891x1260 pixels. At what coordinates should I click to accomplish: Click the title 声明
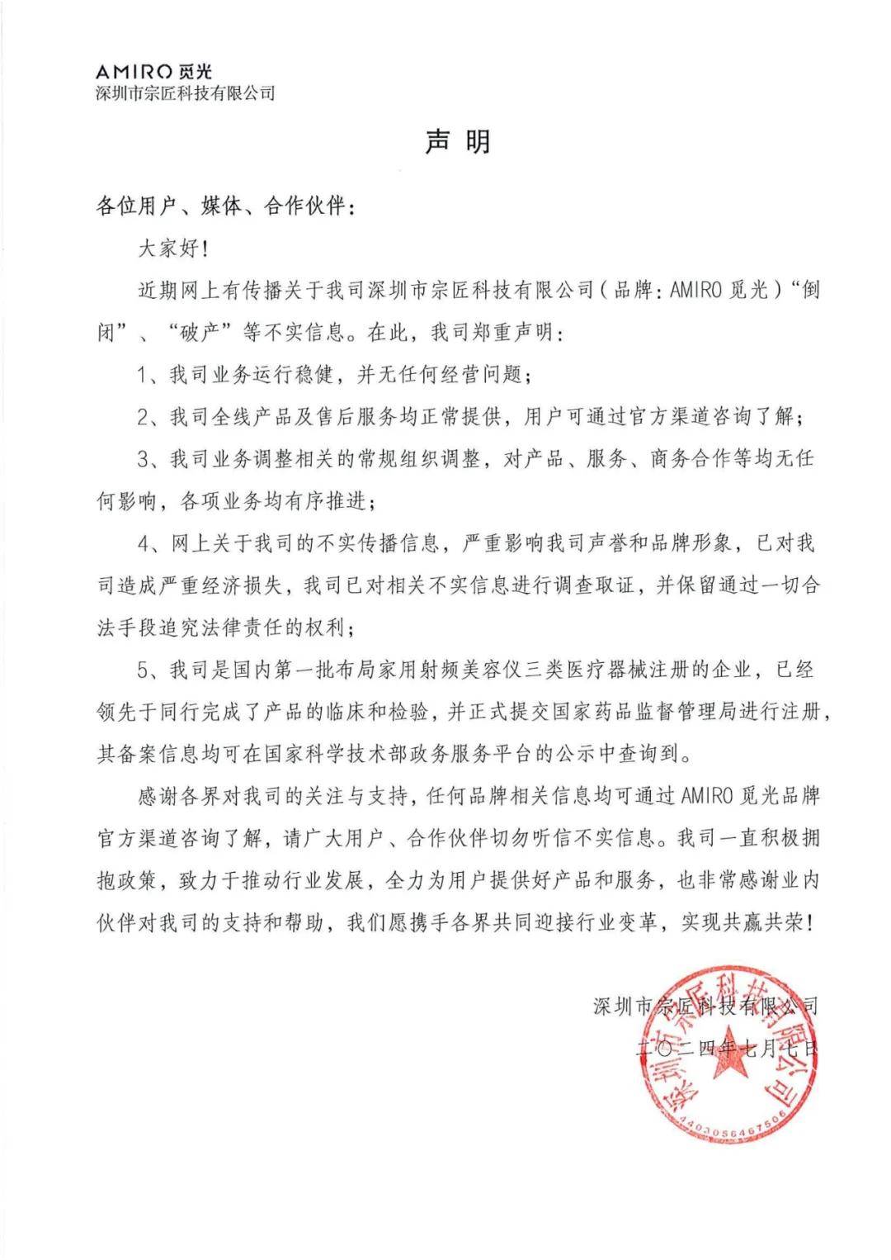(x=458, y=141)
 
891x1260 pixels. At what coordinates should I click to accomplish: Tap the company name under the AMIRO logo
(x=186, y=93)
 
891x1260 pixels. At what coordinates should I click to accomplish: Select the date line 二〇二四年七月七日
(x=726, y=1049)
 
